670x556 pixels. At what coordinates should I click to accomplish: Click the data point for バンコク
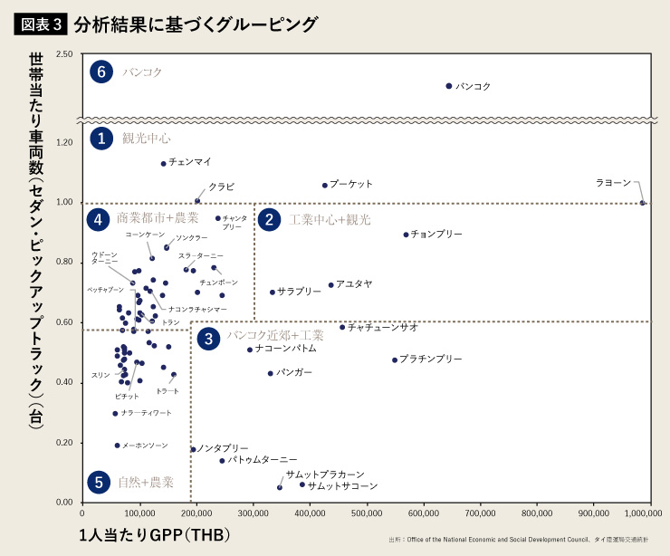(449, 86)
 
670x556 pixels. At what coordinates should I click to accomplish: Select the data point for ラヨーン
(643, 203)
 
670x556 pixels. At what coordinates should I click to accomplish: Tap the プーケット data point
(325, 186)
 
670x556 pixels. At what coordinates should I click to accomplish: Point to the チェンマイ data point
(164, 164)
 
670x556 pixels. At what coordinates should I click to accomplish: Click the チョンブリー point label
(436, 235)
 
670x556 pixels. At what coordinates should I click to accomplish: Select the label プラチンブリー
(431, 359)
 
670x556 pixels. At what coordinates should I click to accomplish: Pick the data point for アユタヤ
(331, 285)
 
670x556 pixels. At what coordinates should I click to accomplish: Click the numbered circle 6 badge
(102, 72)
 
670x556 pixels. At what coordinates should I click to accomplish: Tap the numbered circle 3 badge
(209, 339)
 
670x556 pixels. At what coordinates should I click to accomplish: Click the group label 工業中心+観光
(330, 220)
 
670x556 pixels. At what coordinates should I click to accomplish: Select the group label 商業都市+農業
(158, 219)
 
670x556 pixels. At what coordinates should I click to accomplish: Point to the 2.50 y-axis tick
(64, 55)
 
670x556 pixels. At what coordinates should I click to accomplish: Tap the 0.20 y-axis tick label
(64, 443)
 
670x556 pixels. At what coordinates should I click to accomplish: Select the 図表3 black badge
(41, 23)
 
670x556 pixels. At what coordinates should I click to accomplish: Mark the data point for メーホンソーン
(118, 446)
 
